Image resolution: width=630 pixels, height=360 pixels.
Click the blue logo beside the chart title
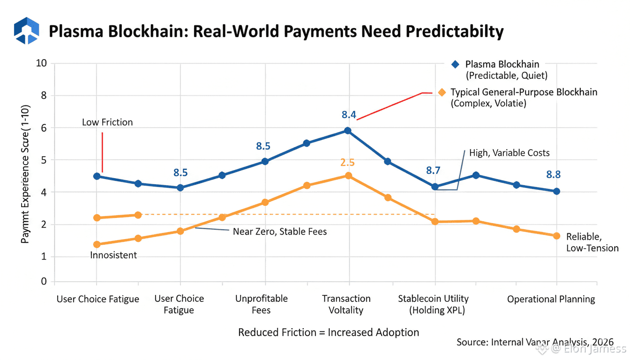click(26, 30)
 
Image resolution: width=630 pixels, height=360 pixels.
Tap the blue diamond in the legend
click(454, 64)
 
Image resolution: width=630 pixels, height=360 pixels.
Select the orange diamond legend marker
click(441, 92)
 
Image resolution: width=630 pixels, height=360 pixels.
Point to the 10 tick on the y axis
click(42, 63)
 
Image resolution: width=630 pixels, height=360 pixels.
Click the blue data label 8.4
click(349, 114)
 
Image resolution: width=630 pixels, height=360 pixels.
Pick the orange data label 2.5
click(347, 163)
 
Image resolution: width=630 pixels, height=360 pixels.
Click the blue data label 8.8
click(554, 175)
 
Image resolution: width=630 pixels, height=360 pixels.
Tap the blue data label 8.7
click(433, 171)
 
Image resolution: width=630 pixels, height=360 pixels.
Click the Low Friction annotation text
click(107, 122)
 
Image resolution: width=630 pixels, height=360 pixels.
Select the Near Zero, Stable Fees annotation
click(280, 231)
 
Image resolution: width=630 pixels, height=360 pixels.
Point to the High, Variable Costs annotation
click(510, 153)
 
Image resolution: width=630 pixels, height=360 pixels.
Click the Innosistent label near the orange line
click(113, 255)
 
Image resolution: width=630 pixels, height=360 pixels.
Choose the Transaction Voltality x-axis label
click(346, 304)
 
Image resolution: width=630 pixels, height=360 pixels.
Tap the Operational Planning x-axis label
click(551, 299)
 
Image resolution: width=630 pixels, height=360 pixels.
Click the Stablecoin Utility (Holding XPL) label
click(433, 304)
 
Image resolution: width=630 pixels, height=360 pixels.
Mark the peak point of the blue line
click(347, 130)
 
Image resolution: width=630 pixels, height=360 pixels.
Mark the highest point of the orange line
click(348, 176)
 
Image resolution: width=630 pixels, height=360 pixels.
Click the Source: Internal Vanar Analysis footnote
click(535, 342)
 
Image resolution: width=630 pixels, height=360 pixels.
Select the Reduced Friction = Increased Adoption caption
click(329, 332)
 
